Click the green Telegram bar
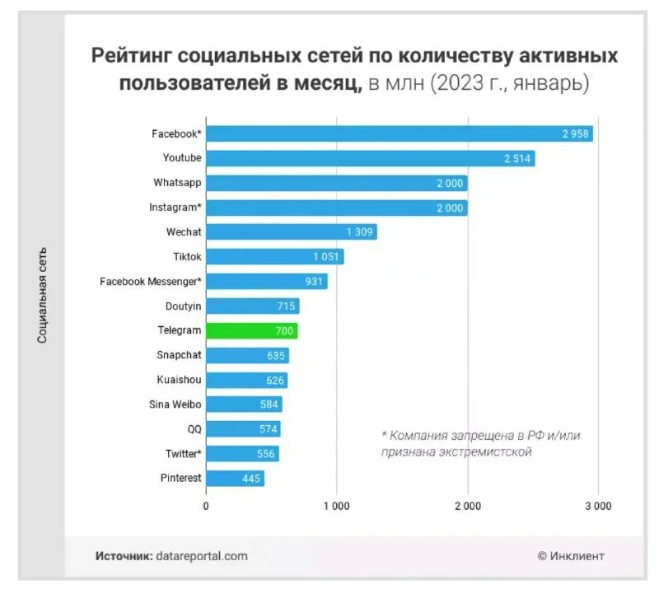pyautogui.click(x=251, y=330)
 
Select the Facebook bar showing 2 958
pyautogui.click(x=399, y=133)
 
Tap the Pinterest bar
pyautogui.click(x=235, y=478)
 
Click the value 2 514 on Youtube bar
pyautogui.click(x=518, y=158)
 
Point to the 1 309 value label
pyautogui.click(x=359, y=232)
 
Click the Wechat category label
pyautogui.click(x=183, y=231)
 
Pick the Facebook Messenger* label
pyautogui.click(x=151, y=281)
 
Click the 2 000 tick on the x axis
pyautogui.click(x=467, y=507)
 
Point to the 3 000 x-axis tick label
pyautogui.click(x=597, y=507)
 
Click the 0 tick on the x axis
pyautogui.click(x=206, y=507)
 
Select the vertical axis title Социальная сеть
pyautogui.click(x=42, y=295)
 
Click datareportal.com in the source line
pyautogui.click(x=201, y=556)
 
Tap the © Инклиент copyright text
pyautogui.click(x=571, y=556)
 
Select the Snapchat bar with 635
pyautogui.click(x=247, y=355)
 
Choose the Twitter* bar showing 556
pyautogui.click(x=242, y=453)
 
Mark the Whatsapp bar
pyautogui.click(x=336, y=183)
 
